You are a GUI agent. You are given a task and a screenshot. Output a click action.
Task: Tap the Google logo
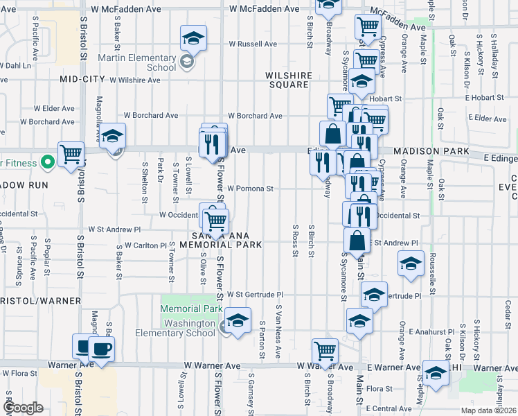point(24,408)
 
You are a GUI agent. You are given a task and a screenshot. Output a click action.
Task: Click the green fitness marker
point(48,164)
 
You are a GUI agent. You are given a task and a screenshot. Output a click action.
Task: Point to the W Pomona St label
point(251,188)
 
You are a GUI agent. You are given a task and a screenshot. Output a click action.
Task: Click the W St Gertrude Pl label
point(255,295)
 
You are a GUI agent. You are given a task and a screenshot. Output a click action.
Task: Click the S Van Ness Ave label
point(279,331)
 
